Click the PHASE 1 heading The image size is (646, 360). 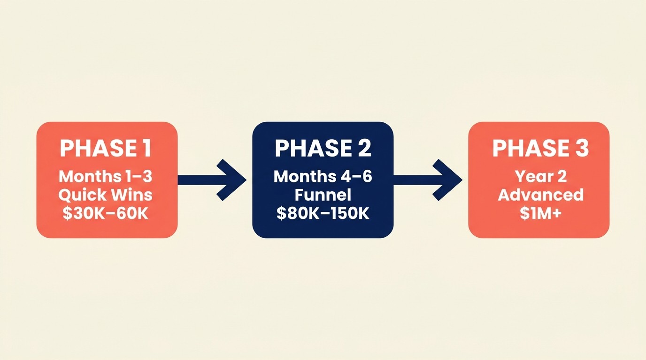pos(106,148)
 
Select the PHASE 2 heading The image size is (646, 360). pos(323,148)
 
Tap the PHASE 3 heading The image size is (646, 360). pos(540,148)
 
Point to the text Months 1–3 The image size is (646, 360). pos(106,177)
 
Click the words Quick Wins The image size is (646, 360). pos(106,195)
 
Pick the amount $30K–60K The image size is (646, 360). pos(106,213)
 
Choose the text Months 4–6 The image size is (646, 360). pos(323,177)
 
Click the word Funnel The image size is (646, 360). pos(323,195)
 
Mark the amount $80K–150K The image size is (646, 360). pos(323,213)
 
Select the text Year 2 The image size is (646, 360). pos(540,177)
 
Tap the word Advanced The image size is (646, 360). pos(540,195)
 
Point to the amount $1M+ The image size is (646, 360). pos(540,213)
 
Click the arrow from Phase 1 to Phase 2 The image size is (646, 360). pos(214,180)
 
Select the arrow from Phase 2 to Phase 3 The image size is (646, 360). pos(429,180)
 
